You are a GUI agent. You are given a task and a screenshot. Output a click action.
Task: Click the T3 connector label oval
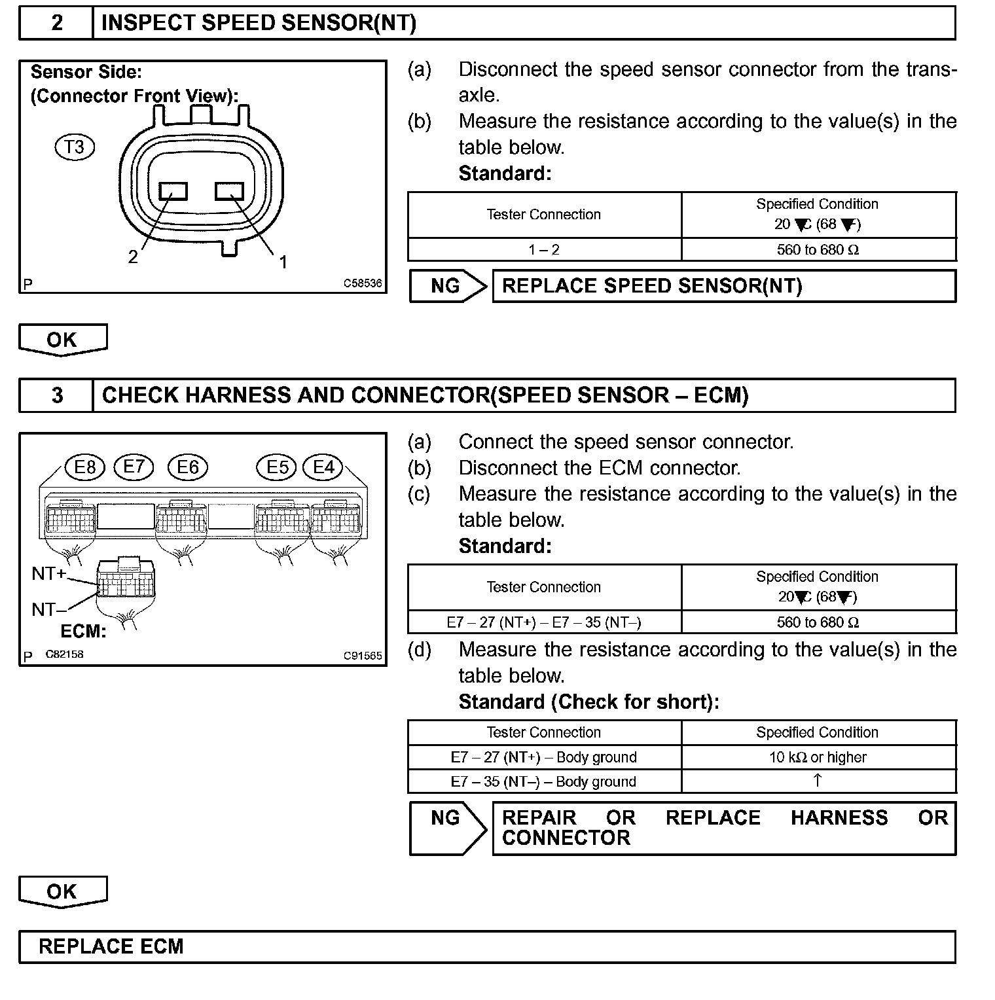click(x=75, y=147)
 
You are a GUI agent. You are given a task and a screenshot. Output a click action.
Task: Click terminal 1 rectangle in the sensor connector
click(x=229, y=191)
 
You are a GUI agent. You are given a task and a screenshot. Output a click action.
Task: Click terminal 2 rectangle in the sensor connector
click(x=173, y=191)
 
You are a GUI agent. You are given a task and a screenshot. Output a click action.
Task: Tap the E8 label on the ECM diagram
click(x=85, y=467)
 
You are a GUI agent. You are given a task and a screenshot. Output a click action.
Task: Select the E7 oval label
click(x=134, y=467)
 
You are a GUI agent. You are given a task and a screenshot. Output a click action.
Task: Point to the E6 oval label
click(x=188, y=467)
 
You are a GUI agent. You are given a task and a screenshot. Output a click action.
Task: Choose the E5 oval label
click(x=277, y=467)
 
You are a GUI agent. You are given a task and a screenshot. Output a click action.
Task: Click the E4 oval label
click(x=324, y=467)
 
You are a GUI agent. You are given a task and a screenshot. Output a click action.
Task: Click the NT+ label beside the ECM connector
click(x=49, y=574)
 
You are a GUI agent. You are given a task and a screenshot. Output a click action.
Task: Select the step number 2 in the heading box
click(x=57, y=24)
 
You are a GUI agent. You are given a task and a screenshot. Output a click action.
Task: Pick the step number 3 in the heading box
click(x=57, y=396)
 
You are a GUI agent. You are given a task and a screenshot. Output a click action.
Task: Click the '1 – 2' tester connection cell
click(x=544, y=250)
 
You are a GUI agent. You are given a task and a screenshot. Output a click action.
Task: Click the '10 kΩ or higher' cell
click(x=818, y=758)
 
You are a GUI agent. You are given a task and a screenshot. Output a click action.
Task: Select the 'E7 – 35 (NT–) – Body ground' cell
click(x=543, y=782)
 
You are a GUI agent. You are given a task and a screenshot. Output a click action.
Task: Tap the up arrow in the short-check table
click(x=818, y=780)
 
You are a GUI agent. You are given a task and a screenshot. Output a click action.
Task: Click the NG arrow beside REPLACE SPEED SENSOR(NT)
click(x=448, y=287)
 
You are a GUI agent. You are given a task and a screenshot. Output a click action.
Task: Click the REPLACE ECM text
click(x=111, y=947)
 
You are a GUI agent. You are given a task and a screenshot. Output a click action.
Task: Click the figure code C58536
click(x=363, y=284)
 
